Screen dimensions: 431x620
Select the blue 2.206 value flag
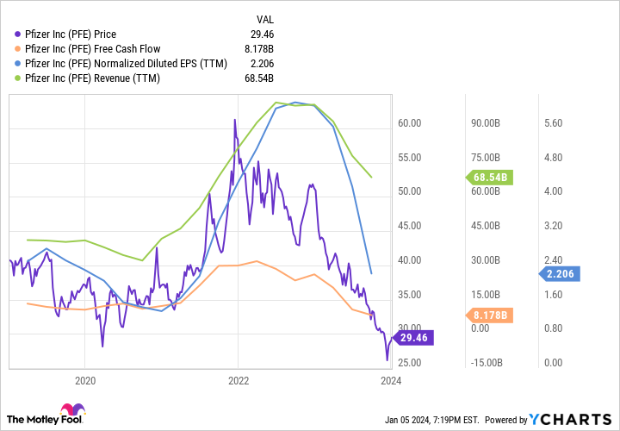(560, 274)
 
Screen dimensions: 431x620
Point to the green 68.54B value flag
(491, 178)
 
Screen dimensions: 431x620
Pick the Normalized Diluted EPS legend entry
(126, 64)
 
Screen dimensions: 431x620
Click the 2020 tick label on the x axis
(85, 379)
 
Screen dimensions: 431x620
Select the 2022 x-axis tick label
(239, 379)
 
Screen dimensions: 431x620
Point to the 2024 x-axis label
(391, 379)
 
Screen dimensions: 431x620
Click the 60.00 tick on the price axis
(409, 123)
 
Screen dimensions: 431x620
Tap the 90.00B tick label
(484, 123)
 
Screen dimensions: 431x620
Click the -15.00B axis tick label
(483, 362)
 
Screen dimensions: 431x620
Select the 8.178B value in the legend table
(257, 49)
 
